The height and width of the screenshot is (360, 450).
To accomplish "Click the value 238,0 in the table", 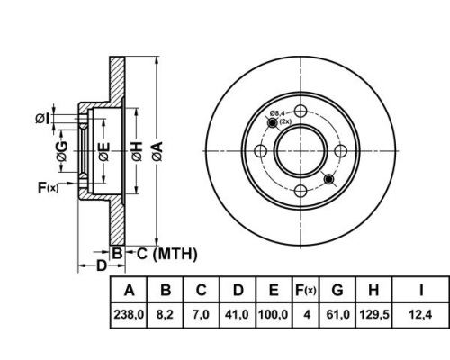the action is point(129,315).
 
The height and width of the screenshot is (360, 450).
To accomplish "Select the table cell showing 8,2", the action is point(165,315).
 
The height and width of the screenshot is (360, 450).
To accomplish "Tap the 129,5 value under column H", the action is point(374,315).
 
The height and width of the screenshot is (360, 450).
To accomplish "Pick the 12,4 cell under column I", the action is point(420,315).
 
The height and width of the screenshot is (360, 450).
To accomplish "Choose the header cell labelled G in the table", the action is point(337,290).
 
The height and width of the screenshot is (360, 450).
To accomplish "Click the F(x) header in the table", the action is point(306,290).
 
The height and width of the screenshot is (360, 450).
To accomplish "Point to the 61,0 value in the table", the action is point(337,315).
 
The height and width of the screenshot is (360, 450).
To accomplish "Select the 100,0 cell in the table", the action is point(273,315).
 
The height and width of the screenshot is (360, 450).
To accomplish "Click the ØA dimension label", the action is point(157,151).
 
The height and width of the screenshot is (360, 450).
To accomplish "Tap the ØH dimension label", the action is point(137,151).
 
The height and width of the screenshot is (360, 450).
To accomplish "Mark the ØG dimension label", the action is point(62,151).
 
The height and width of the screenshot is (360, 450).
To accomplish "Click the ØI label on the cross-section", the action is point(42,119).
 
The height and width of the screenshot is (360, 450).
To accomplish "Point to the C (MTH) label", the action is point(167,254).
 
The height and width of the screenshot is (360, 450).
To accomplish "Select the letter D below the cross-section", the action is point(102,265).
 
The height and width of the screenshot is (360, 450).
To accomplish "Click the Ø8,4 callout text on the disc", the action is point(277,113).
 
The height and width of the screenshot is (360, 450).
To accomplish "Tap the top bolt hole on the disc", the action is point(301,111).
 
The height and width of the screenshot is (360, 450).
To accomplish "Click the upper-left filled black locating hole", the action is point(273,122).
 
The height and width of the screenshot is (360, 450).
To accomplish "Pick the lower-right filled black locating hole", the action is point(329,179).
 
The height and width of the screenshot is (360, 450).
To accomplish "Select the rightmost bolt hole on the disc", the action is point(341,151).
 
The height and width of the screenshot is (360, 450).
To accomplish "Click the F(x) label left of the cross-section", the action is point(49,188).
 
